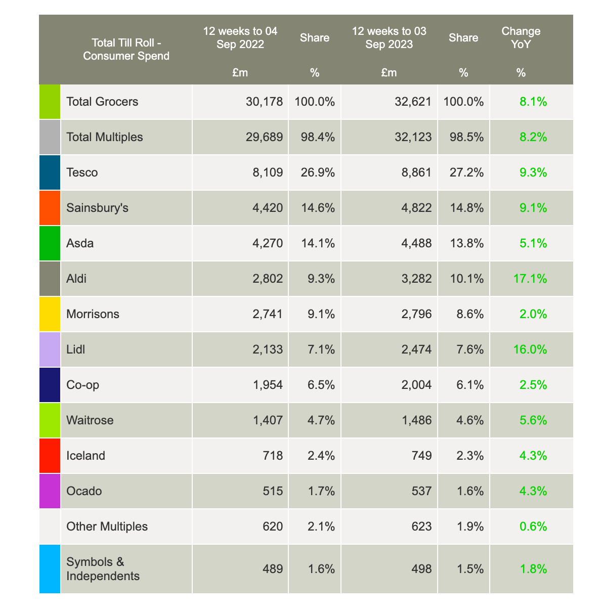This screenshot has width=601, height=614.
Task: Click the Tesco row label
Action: pos(82,172)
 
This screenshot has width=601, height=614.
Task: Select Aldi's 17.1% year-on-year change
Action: pos(533,279)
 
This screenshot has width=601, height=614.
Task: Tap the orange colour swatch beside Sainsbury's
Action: pos(50,208)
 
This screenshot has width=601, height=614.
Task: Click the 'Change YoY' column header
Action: pos(521,37)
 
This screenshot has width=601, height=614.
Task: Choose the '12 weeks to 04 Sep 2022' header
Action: pos(240,37)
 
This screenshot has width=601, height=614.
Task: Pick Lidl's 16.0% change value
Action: pos(533,349)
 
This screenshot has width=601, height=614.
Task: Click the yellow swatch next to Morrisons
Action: pos(50,314)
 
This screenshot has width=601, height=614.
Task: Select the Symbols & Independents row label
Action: pos(103,568)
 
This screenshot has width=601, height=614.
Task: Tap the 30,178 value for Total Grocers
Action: pos(264,102)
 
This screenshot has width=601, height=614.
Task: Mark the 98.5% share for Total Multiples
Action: pos(463,137)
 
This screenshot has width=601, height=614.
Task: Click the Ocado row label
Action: pos(84,491)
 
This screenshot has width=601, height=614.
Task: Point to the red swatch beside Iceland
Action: pos(50,456)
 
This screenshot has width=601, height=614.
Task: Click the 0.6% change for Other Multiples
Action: pos(533,527)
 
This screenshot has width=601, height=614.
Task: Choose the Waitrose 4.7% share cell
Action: pos(315,420)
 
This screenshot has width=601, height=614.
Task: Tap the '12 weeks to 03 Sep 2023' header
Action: pos(389,37)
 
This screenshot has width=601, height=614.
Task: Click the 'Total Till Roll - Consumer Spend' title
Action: pos(126,49)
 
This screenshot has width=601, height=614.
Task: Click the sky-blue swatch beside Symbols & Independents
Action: pos(50,568)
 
